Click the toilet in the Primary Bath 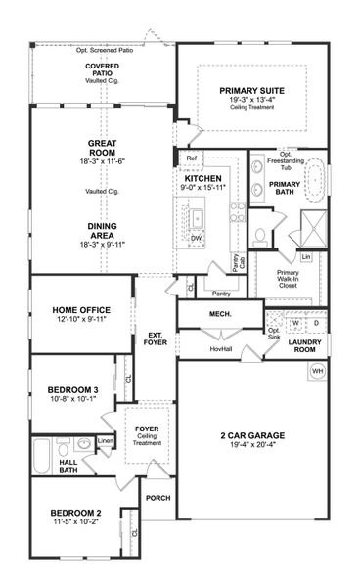[x=260, y=235]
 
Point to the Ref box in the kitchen [x=191, y=158]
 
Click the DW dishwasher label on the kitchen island [x=197, y=238]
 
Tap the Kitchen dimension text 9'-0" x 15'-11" [x=203, y=189]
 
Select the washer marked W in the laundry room [x=296, y=321]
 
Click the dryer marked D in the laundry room [x=316, y=321]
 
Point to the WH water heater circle [x=317, y=371]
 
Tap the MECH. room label [x=218, y=314]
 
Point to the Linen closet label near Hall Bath [x=106, y=442]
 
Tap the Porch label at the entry [x=157, y=498]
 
